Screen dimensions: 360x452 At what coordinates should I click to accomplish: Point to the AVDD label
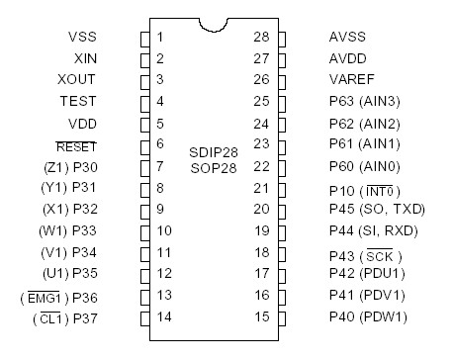pyautogui.click(x=348, y=58)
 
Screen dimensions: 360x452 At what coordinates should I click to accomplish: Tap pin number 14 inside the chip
pyautogui.click(x=163, y=317)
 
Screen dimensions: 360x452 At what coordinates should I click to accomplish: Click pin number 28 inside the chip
pyautogui.click(x=261, y=37)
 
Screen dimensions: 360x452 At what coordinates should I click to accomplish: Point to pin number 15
pyautogui.click(x=261, y=317)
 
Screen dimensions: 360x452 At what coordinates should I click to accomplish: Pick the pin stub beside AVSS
pyautogui.click(x=281, y=38)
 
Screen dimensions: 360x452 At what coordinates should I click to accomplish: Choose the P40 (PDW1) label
pyautogui.click(x=367, y=317)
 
